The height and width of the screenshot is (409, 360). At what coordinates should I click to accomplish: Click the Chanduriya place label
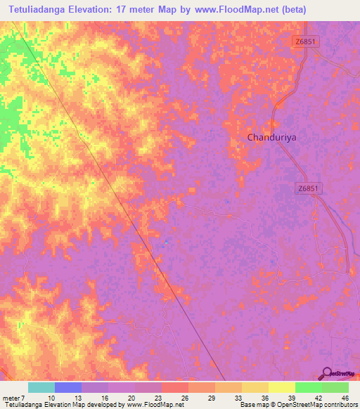[272, 138]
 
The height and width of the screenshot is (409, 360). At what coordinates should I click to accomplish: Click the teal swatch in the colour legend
[41, 387]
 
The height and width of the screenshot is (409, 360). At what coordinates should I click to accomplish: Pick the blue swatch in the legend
[68, 387]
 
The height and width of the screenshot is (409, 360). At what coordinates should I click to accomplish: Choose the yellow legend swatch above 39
[282, 387]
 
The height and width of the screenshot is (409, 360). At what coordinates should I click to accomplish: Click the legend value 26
[184, 397]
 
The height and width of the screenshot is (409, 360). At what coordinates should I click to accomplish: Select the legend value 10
[51, 397]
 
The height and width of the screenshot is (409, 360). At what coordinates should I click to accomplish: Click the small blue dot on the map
[166, 243]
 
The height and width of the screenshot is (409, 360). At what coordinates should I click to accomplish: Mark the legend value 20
[130, 397]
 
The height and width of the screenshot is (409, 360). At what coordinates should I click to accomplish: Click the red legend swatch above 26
[175, 387]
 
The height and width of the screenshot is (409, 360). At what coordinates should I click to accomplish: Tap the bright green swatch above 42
[309, 387]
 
